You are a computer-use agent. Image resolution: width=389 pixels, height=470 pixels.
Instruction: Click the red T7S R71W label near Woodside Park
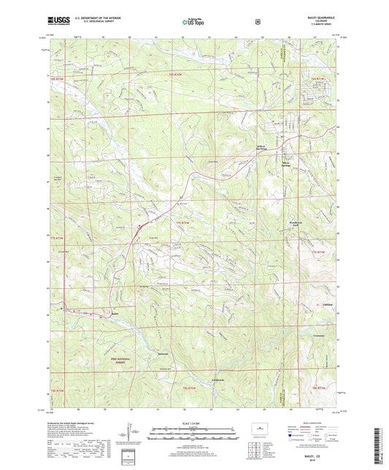[x=316, y=252]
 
